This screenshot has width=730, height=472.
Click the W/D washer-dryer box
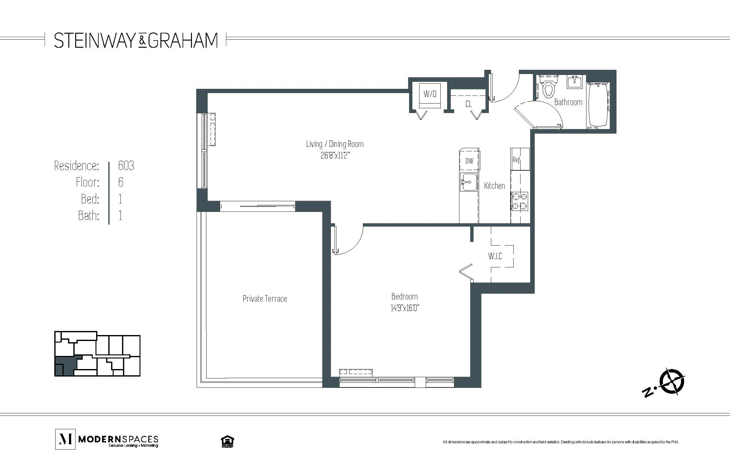pyautogui.click(x=430, y=94)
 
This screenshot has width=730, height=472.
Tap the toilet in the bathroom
pyautogui.click(x=548, y=87)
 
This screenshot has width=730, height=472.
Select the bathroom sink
pyautogui.click(x=575, y=82)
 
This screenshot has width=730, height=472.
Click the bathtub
pyautogui.click(x=598, y=105)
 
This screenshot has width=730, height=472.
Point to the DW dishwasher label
pyautogui.click(x=469, y=161)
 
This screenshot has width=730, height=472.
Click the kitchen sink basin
pyautogui.click(x=469, y=182)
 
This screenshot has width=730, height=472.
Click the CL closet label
pyautogui.click(x=468, y=104)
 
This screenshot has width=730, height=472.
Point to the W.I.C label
pyautogui.click(x=495, y=256)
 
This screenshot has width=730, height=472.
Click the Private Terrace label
pyautogui.click(x=265, y=299)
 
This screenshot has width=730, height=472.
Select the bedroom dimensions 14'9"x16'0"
pyautogui.click(x=404, y=308)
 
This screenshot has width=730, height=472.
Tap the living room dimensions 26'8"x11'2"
pyautogui.click(x=335, y=155)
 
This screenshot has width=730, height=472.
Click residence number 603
pyautogui.click(x=126, y=166)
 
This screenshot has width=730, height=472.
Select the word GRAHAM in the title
pyautogui.click(x=183, y=41)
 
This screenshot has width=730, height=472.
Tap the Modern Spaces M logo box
pyautogui.click(x=65, y=439)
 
